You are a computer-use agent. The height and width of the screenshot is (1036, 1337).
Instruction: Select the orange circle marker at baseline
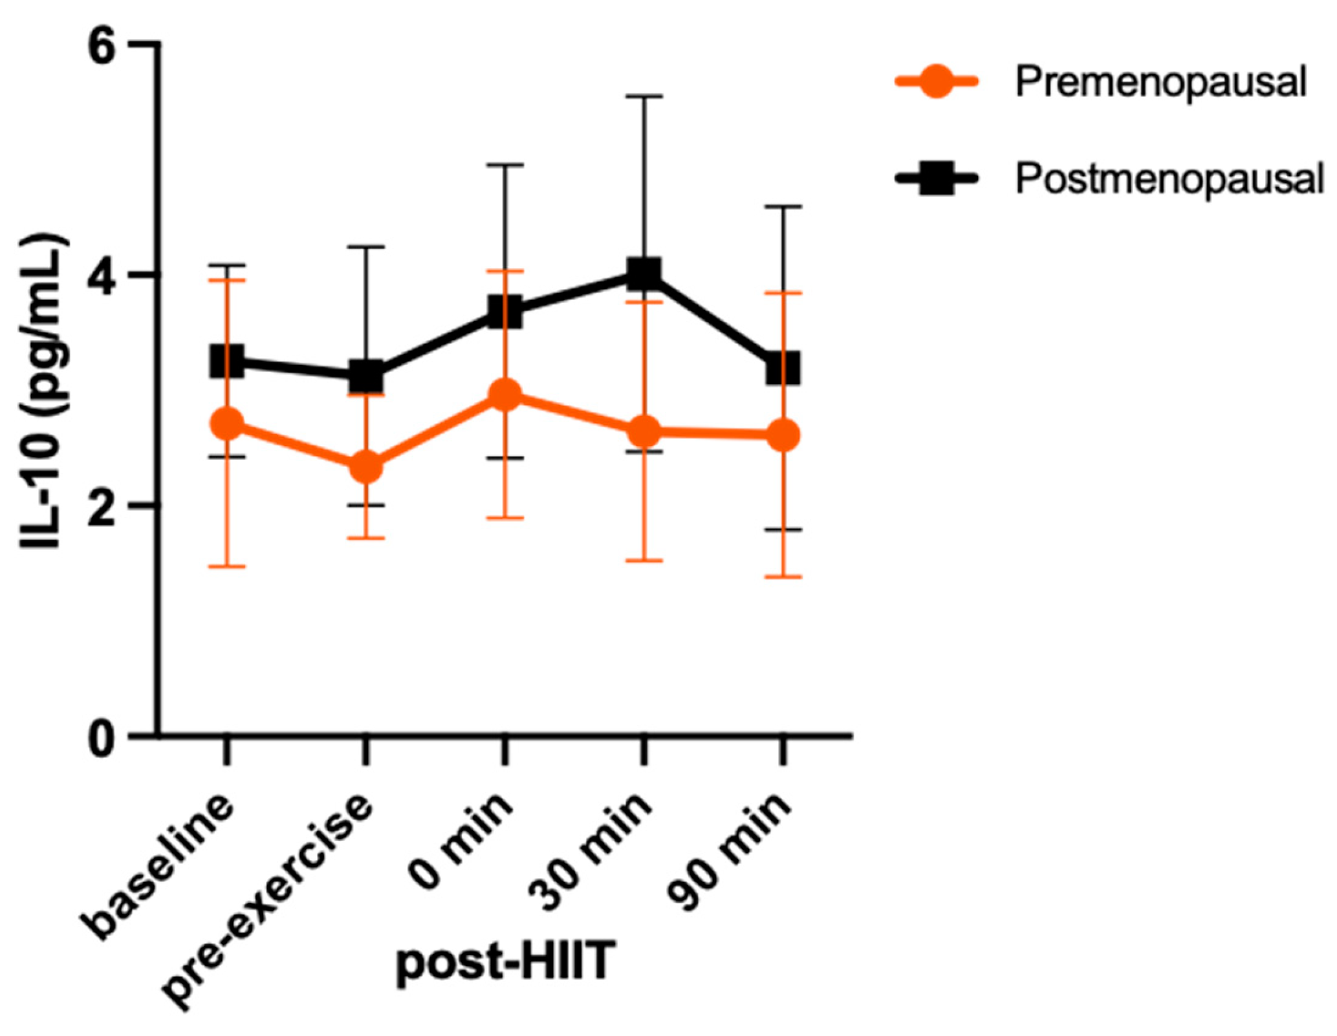[x=226, y=424]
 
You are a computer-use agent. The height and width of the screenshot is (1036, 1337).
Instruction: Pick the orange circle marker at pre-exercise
[x=366, y=467]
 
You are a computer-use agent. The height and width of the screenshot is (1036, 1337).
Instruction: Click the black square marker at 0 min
[x=505, y=312]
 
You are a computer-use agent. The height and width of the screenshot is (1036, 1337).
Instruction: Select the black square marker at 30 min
[x=644, y=273]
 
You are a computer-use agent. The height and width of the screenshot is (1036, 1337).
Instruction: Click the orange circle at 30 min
[x=644, y=431]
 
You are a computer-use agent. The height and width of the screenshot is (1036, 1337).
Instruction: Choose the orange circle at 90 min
[x=783, y=435]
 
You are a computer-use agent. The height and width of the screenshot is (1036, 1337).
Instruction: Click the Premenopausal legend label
[x=1160, y=82]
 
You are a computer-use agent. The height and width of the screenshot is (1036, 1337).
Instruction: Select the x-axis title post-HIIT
[x=505, y=962]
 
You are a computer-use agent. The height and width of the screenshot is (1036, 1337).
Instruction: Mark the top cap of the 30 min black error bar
[x=644, y=96]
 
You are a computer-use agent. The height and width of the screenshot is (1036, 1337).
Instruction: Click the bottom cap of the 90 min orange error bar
[x=783, y=577]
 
